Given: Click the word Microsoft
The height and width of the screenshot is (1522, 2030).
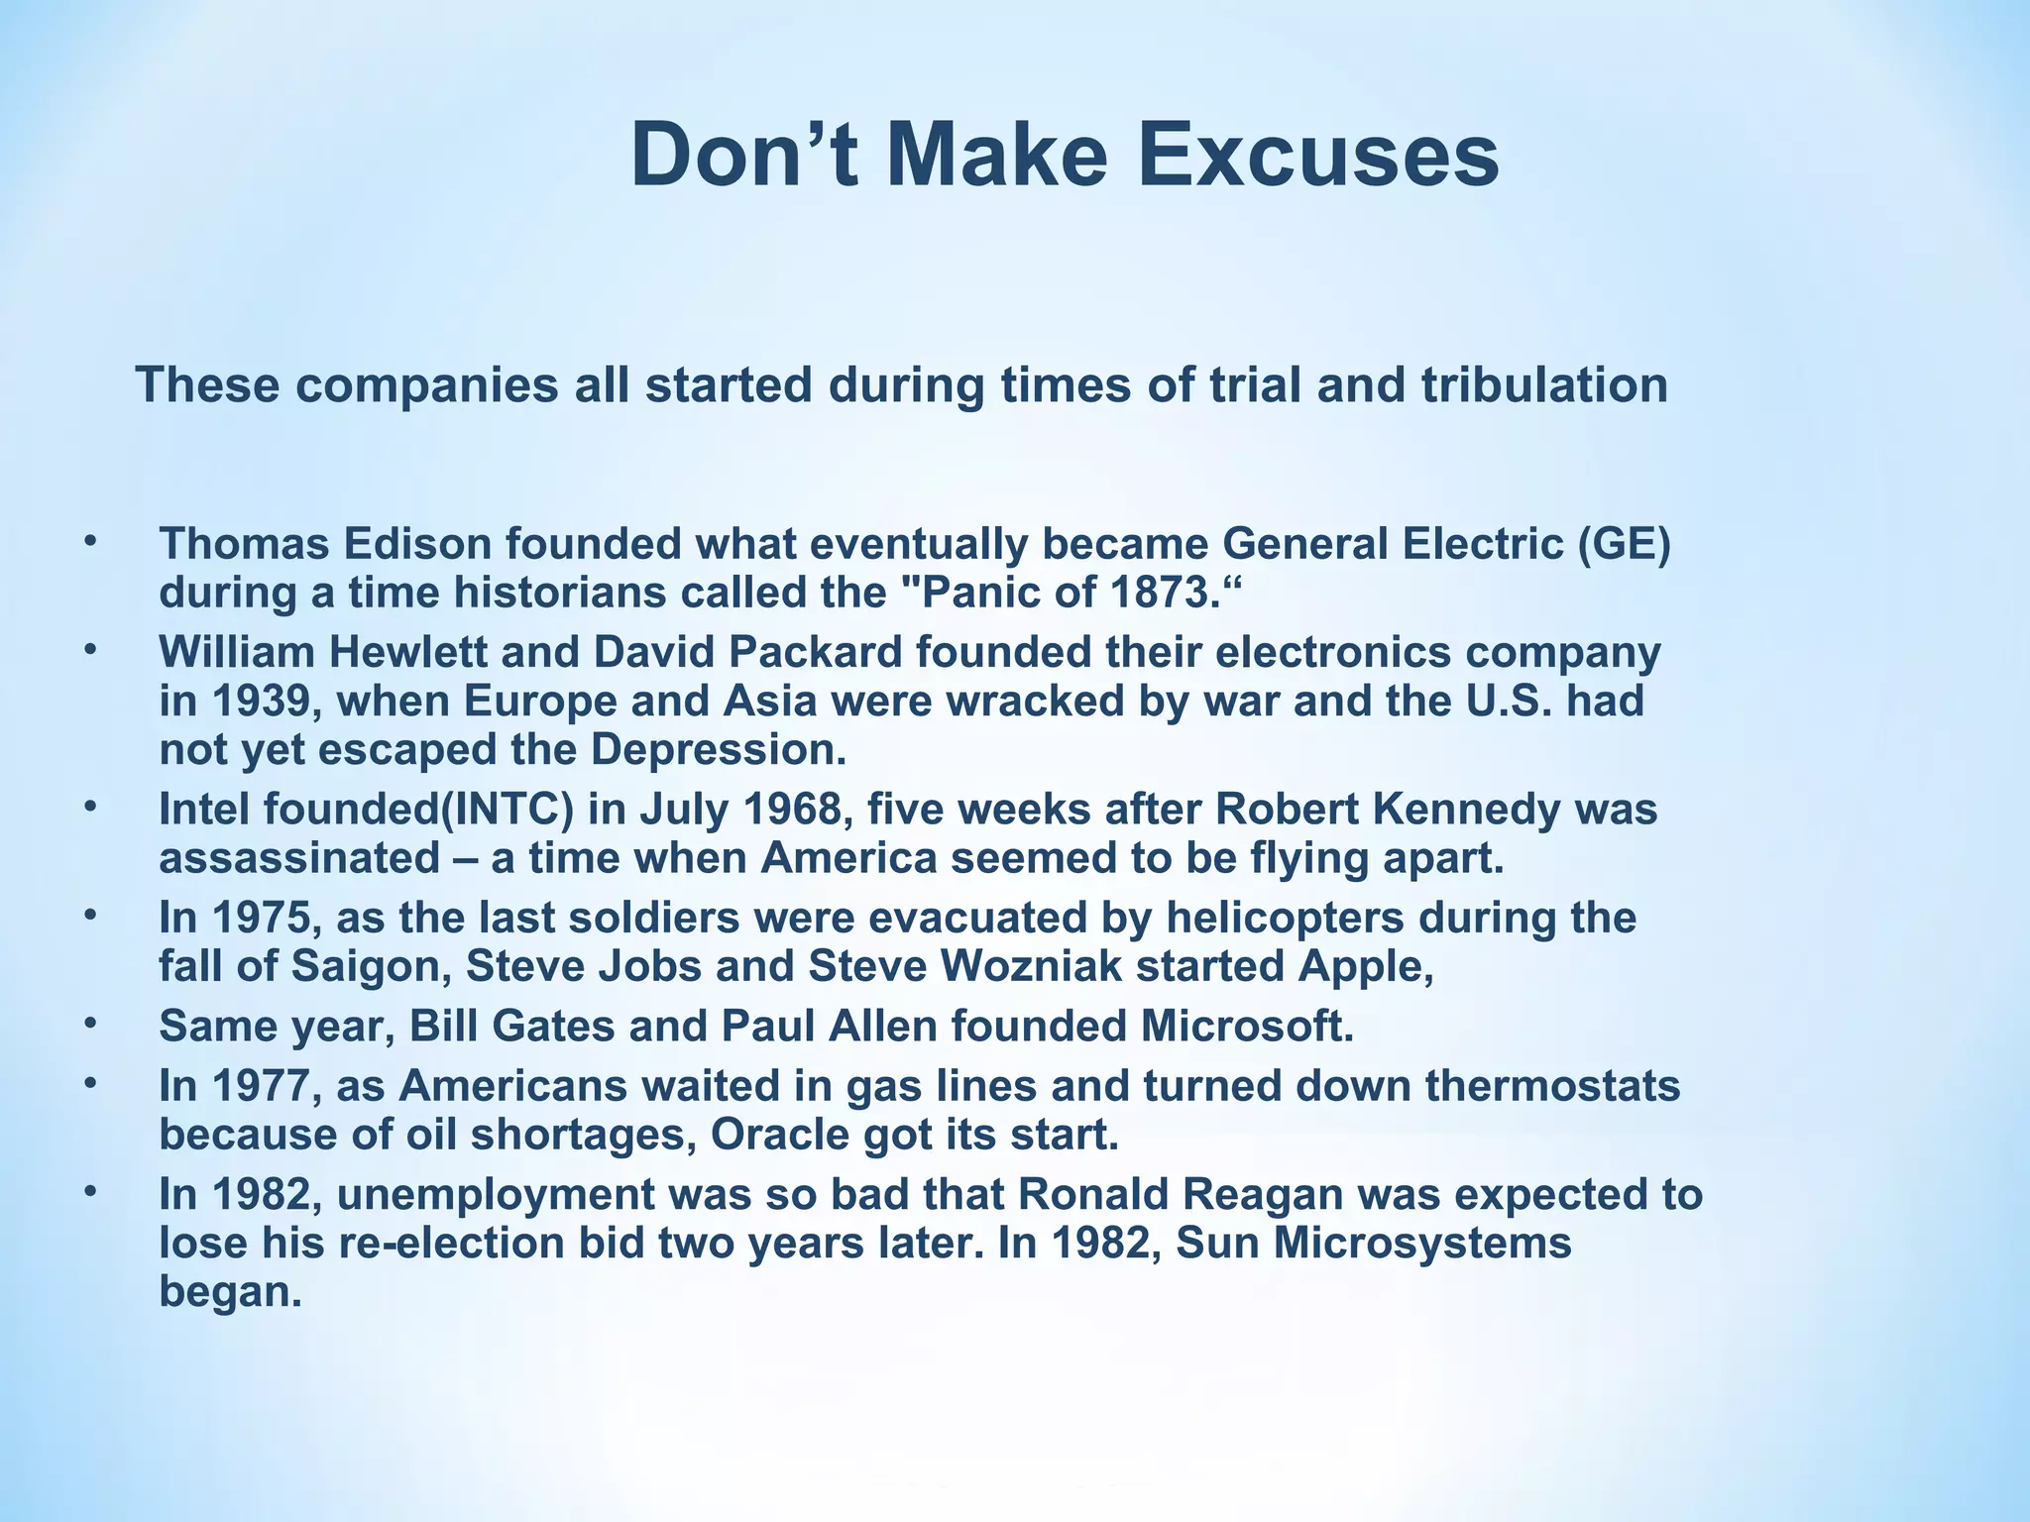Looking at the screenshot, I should (1246, 1027).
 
